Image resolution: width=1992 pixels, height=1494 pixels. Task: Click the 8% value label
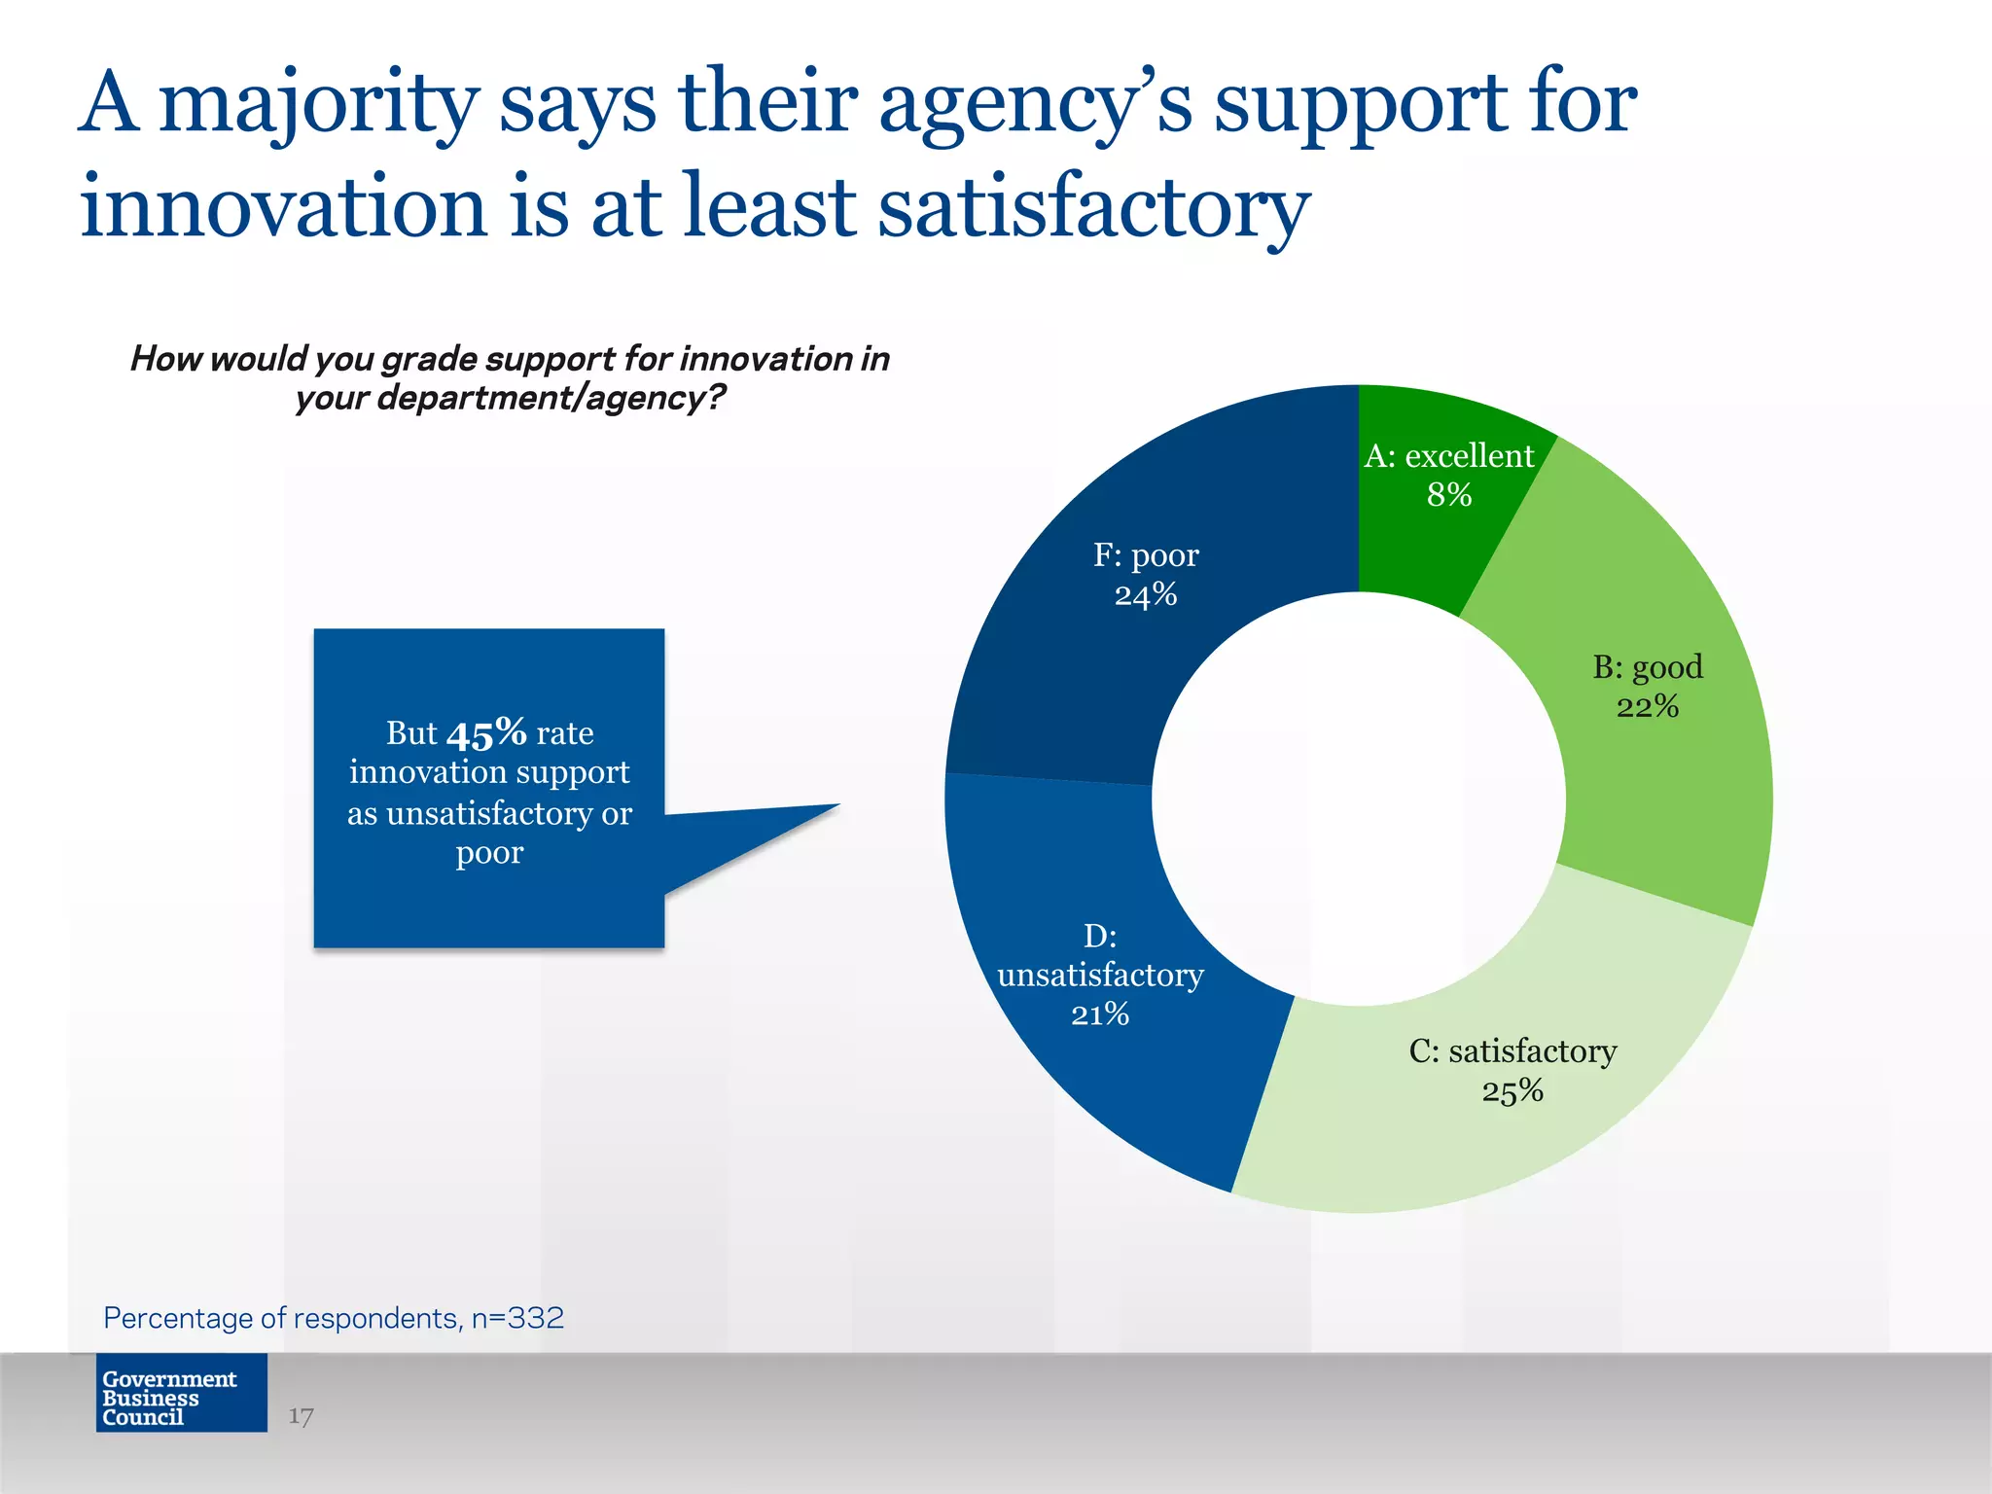point(1448,495)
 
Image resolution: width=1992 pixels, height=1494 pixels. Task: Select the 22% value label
point(1647,706)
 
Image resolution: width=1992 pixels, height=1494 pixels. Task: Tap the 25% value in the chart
point(1512,1090)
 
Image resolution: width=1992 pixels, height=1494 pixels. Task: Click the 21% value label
point(1100,1014)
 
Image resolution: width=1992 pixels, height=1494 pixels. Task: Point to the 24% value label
point(1146,594)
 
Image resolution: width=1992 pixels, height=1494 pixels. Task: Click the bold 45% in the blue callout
point(486,732)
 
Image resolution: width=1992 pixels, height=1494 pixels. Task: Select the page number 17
point(301,1416)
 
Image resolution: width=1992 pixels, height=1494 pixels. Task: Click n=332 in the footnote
point(517,1318)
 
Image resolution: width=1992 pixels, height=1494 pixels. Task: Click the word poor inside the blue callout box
point(489,852)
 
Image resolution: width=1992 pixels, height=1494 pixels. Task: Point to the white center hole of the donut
point(1359,799)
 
